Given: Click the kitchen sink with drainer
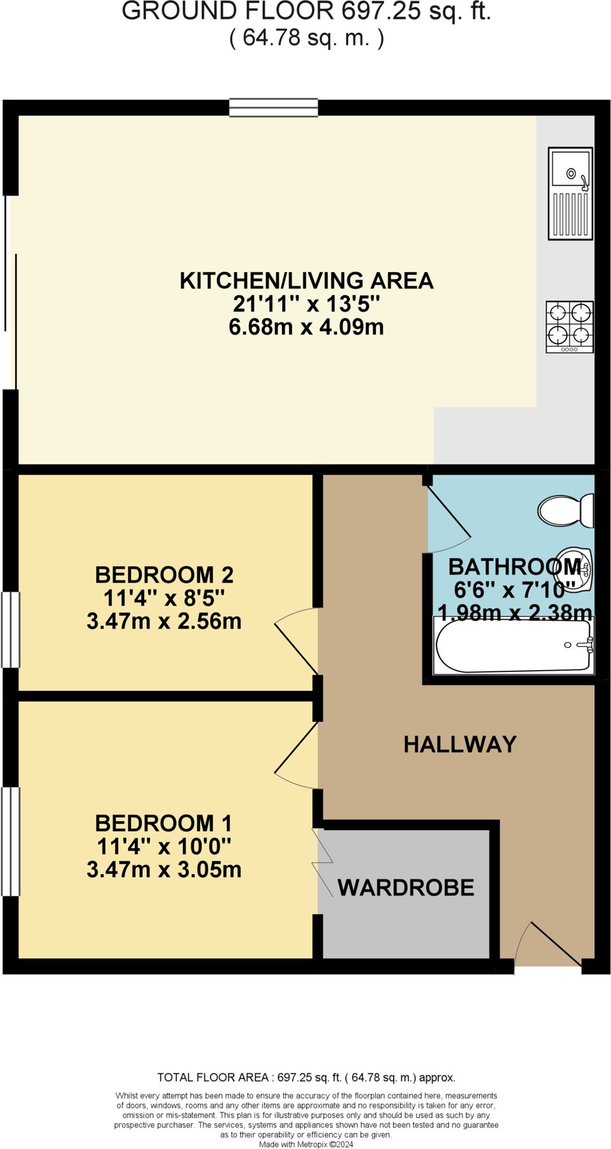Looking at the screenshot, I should pos(570,194).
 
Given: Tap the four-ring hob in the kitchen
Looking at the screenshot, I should pos(570,326).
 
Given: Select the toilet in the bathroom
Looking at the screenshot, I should pos(565,511).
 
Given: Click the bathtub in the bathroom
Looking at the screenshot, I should pos(513,646).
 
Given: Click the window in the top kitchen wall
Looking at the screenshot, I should pos(273,107).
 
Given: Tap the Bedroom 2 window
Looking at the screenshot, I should pos(10,629).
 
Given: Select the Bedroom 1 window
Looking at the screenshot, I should pos(10,841).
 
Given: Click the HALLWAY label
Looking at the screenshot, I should pos(460,744).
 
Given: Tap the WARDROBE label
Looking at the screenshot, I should pos(405,888).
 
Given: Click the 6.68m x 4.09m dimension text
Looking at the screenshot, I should pos(306,327).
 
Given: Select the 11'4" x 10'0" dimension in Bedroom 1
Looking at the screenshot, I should pos(164,846).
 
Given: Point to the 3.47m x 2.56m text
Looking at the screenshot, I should pos(164,621).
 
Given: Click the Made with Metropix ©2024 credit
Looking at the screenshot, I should pos(306,1145).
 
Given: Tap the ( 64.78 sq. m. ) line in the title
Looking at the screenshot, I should pos(306,38).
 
